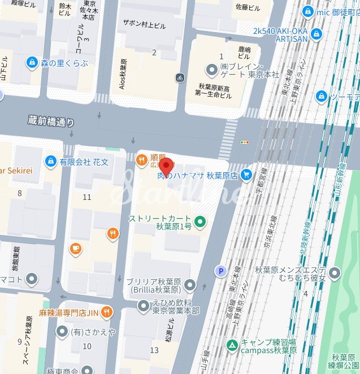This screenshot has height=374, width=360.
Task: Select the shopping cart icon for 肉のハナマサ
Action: (x=246, y=176)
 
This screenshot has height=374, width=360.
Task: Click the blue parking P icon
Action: (x=220, y=272)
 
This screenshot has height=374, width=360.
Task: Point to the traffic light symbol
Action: (x=245, y=142)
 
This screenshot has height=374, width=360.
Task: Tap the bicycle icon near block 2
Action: (x=180, y=77)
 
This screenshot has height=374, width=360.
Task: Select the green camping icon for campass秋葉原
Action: (x=232, y=345)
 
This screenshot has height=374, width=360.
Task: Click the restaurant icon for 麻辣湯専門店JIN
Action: (x=106, y=312)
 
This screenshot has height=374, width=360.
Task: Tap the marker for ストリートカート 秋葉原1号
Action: (x=199, y=221)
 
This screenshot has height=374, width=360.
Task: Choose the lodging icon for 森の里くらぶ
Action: (x=32, y=62)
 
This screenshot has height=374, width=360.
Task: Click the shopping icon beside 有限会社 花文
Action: (x=51, y=162)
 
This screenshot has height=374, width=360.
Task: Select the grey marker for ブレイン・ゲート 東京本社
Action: (x=211, y=69)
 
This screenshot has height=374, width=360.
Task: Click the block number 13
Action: (x=154, y=350)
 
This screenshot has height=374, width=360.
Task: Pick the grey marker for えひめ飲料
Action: (x=142, y=306)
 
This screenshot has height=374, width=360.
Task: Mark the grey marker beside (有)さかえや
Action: (x=62, y=331)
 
